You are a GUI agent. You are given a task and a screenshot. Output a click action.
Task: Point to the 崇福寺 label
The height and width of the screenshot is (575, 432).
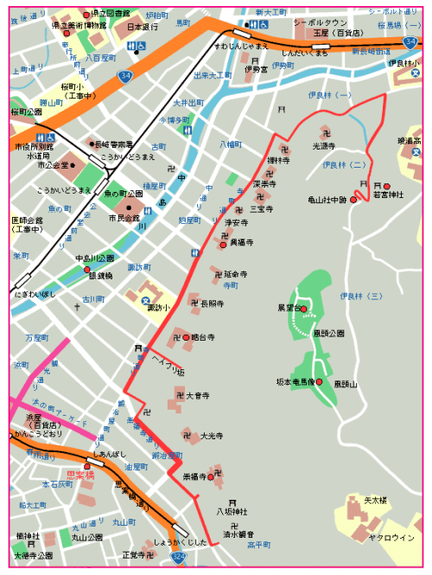[194, 476]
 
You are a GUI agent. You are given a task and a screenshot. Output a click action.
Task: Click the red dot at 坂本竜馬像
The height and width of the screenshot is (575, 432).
[319, 382]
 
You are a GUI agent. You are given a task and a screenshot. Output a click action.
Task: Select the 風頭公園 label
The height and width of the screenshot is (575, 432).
[328, 333]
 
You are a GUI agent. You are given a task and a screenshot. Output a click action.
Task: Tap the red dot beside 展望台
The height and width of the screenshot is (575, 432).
[303, 308]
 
